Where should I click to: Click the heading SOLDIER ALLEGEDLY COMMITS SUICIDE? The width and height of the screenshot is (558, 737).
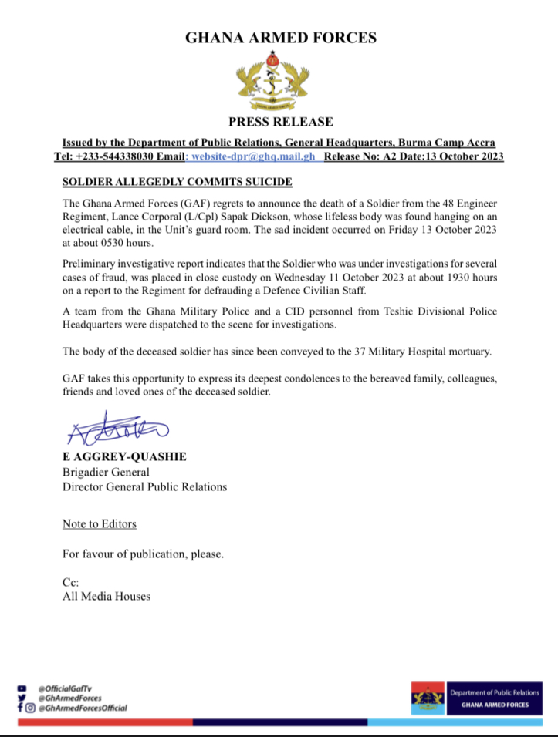(178, 182)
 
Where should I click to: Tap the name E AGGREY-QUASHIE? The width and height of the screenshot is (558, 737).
(124, 457)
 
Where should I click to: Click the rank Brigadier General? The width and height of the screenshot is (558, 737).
(106, 472)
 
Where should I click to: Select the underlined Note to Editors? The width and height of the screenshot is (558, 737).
(100, 524)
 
